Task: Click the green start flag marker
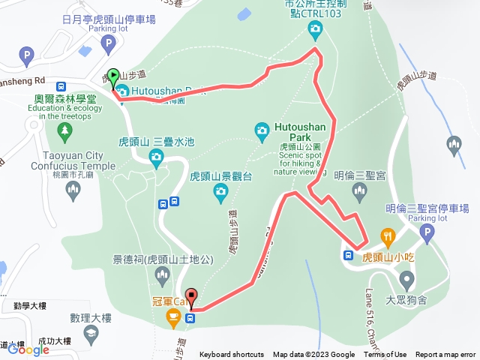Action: pyautogui.click(x=113, y=76)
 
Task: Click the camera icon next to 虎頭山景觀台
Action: pyautogui.click(x=220, y=193)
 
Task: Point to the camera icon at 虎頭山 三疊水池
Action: pyautogui.click(x=156, y=156)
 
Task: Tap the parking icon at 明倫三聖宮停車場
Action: pyautogui.click(x=427, y=235)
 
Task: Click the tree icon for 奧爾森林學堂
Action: pyautogui.click(x=64, y=130)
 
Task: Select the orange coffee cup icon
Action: pyautogui.click(x=172, y=319)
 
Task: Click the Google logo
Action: pyautogui.click(x=29, y=349)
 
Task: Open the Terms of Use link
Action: pyautogui.click(x=385, y=355)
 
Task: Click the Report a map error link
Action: pyautogui.click(x=445, y=355)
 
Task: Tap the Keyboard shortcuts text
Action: pyautogui.click(x=231, y=355)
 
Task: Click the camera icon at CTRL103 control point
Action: pyautogui.click(x=315, y=29)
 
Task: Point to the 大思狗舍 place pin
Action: pyautogui.click(x=407, y=280)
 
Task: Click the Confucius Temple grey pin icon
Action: pyautogui.click(x=72, y=193)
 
